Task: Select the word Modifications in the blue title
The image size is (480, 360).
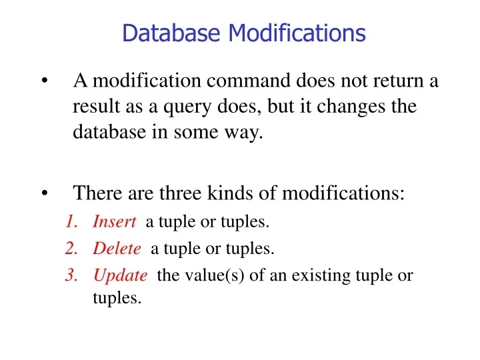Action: point(297,33)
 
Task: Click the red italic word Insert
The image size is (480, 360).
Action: point(115,222)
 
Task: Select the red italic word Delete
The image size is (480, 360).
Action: point(117,249)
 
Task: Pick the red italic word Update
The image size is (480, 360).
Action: point(120,275)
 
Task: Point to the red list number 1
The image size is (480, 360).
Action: point(71,222)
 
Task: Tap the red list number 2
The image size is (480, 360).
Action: point(71,249)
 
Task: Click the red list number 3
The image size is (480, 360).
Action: point(71,275)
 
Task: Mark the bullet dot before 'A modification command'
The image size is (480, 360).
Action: point(44,82)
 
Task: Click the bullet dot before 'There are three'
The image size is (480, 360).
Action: point(44,194)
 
